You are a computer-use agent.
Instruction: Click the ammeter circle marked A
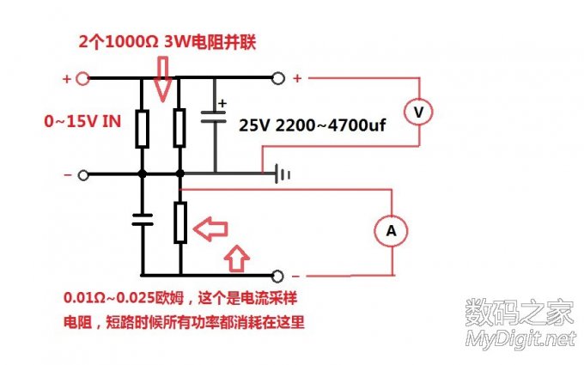coord(392,230)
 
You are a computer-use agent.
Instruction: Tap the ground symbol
coord(283,174)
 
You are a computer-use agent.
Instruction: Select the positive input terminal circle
coord(83,79)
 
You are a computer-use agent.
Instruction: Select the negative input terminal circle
coord(83,175)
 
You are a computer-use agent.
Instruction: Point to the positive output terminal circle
coord(277,79)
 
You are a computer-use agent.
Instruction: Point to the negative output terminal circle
coord(277,277)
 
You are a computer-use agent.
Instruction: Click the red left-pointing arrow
coord(210,229)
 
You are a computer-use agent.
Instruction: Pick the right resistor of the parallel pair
coord(179,127)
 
